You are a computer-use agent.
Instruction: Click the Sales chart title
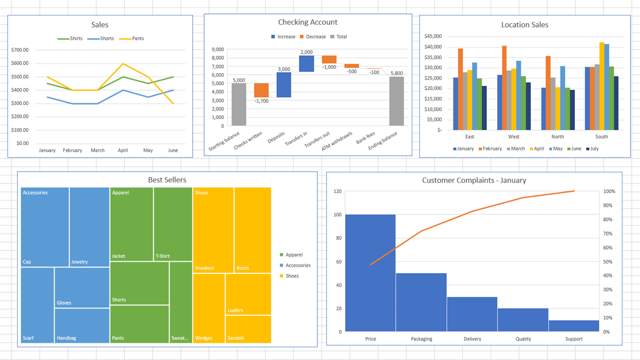pos(100,25)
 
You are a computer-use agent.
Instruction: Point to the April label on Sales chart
pos(123,150)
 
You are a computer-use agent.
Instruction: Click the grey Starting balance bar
pos(239,104)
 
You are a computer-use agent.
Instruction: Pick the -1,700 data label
pos(261,101)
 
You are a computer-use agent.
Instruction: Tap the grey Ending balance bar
pos(396,101)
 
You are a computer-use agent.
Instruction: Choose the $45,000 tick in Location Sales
pos(433,36)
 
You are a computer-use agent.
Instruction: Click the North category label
pos(557,137)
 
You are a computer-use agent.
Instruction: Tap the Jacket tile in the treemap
pos(131,224)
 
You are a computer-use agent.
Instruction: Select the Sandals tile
pos(248,329)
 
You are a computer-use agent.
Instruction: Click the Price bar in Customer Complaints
pos(370,273)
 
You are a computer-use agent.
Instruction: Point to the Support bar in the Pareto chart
pos(574,325)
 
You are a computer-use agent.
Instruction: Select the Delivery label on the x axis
pos(472,339)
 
